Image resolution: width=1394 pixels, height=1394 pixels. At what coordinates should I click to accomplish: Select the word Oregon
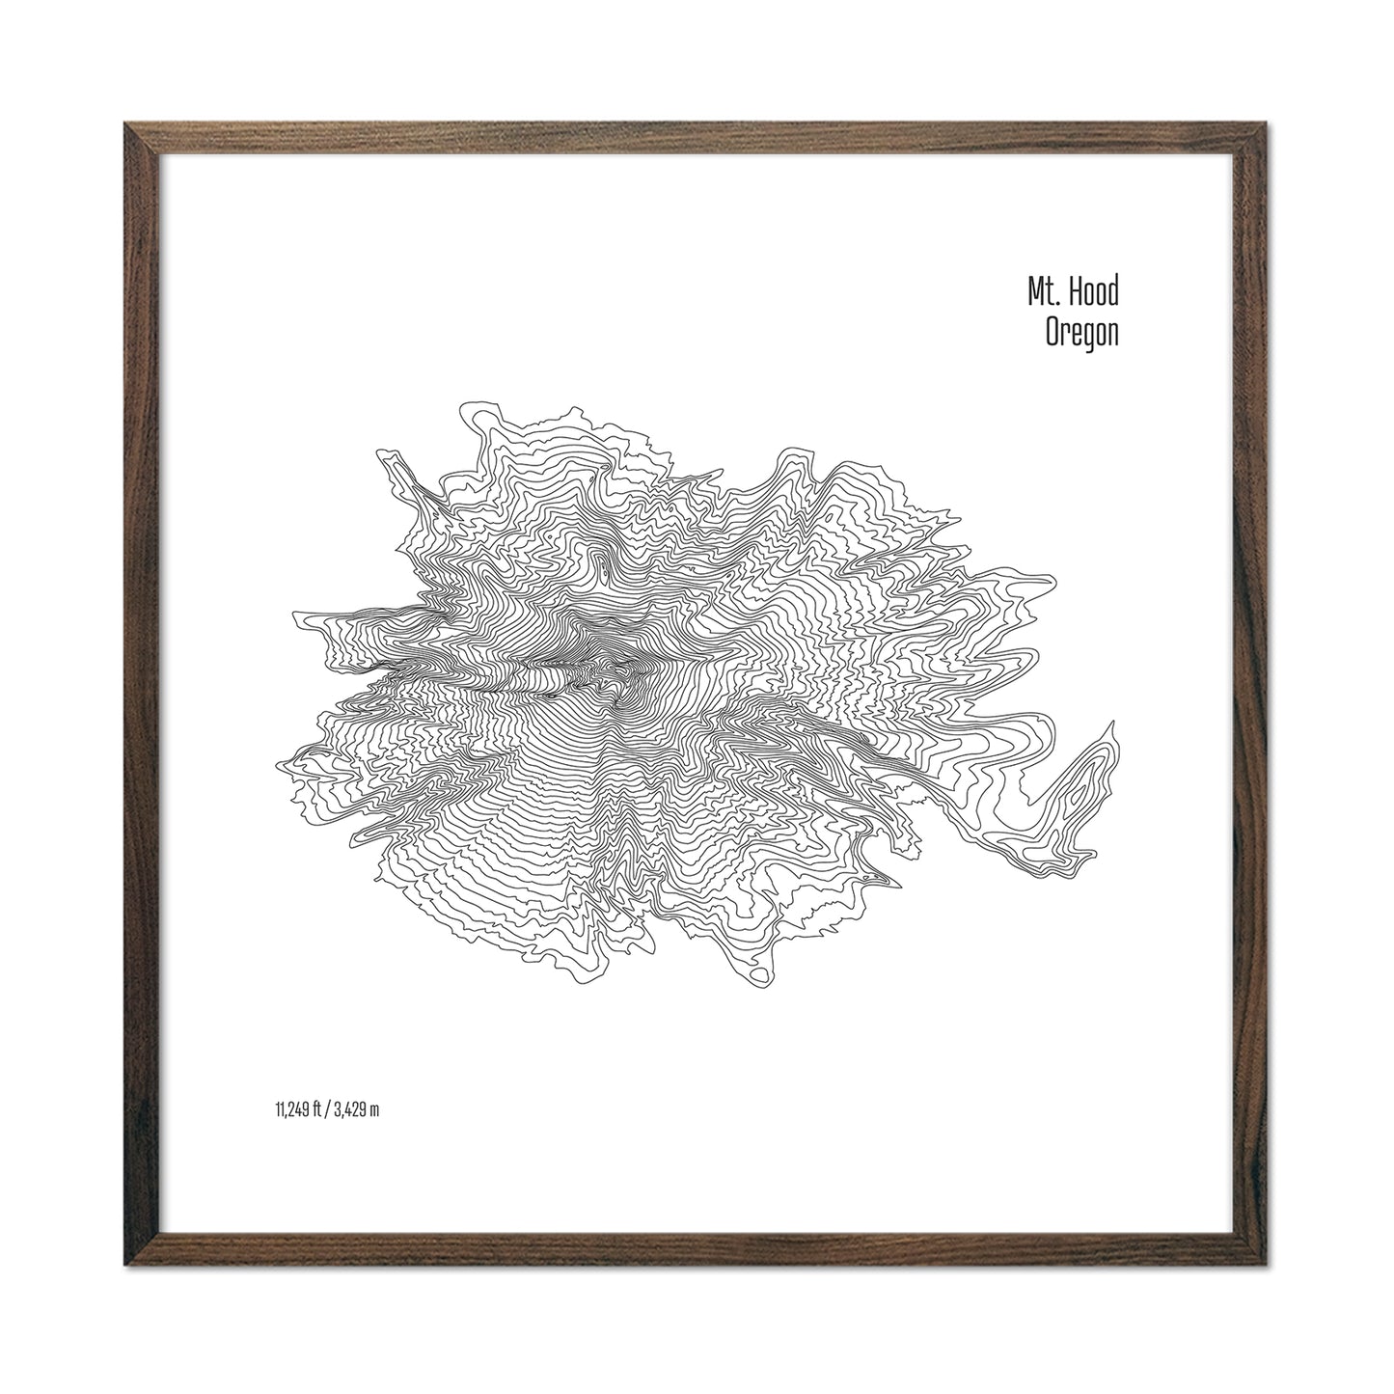[1081, 334]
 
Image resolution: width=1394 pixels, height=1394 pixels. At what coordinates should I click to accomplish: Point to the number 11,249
[289, 1110]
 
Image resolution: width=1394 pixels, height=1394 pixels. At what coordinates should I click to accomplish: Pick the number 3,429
[349, 1110]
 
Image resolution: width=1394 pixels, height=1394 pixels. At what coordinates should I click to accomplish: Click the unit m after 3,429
[374, 1110]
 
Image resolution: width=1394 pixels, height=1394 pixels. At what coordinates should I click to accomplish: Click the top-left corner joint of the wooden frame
[136, 136]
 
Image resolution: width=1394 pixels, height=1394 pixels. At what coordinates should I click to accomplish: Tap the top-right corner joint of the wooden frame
[1258, 136]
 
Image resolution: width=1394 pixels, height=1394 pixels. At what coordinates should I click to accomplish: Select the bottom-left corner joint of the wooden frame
[136, 1258]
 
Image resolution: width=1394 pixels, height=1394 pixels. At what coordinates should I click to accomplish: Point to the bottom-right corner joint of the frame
[1258, 1258]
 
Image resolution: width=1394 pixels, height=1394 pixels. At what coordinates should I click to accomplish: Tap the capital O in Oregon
[1053, 334]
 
